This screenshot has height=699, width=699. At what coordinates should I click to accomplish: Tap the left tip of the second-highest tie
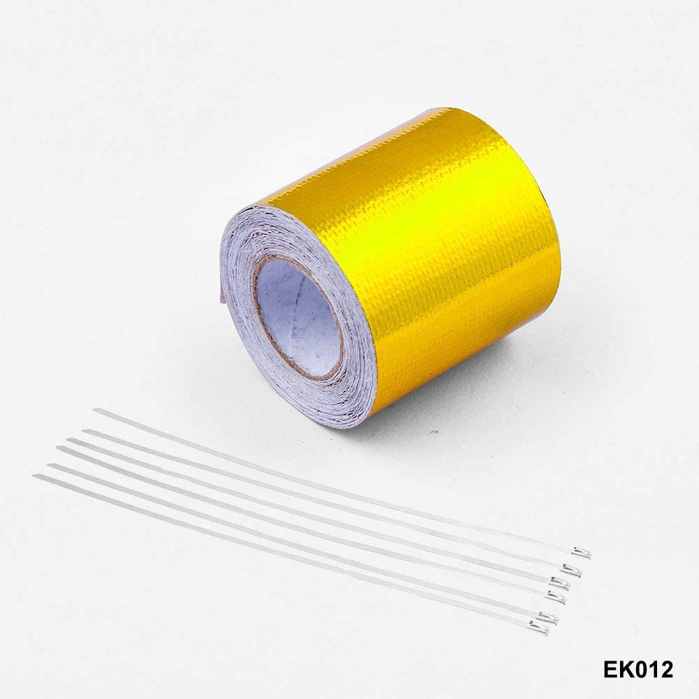tap(85, 432)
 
